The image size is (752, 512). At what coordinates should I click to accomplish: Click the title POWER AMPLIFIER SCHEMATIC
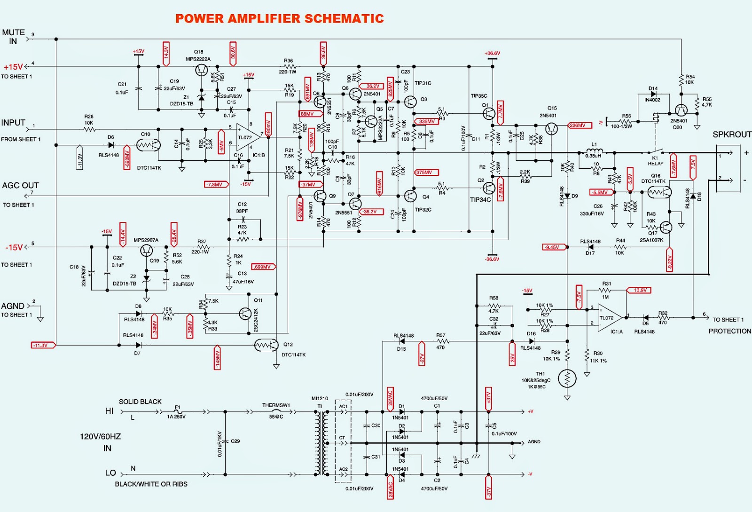(279, 19)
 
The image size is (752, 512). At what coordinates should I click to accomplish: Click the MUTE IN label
(13, 37)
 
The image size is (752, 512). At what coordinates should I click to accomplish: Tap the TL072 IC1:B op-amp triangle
(247, 137)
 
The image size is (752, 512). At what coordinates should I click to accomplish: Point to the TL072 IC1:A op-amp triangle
(610, 318)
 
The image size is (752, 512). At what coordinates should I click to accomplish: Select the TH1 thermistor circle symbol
(567, 378)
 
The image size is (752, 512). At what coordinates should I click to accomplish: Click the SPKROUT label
(732, 134)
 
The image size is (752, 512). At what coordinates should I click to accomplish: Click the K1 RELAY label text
(655, 161)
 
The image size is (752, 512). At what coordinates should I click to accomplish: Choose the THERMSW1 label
(276, 405)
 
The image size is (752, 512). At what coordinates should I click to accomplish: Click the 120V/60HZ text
(100, 437)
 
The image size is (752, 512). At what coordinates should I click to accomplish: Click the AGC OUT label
(20, 186)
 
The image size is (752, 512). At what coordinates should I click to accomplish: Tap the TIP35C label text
(479, 96)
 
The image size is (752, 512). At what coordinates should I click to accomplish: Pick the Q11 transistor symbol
(246, 314)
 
